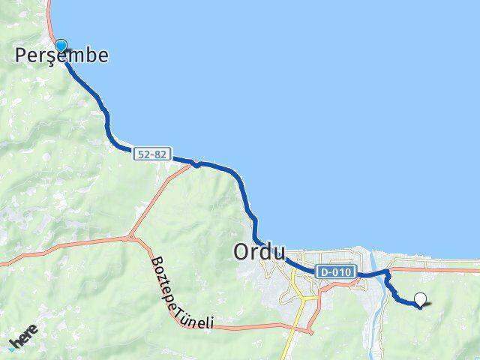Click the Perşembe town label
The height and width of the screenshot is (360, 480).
(62, 55)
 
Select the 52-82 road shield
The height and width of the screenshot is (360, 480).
(153, 154)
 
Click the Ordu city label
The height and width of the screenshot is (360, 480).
(259, 253)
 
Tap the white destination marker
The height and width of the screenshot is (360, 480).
(420, 299)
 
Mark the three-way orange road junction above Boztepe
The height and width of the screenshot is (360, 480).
(131, 238)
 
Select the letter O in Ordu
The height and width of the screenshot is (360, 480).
(242, 253)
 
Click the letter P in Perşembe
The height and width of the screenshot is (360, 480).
(23, 55)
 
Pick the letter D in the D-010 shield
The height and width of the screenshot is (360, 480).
(322, 272)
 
